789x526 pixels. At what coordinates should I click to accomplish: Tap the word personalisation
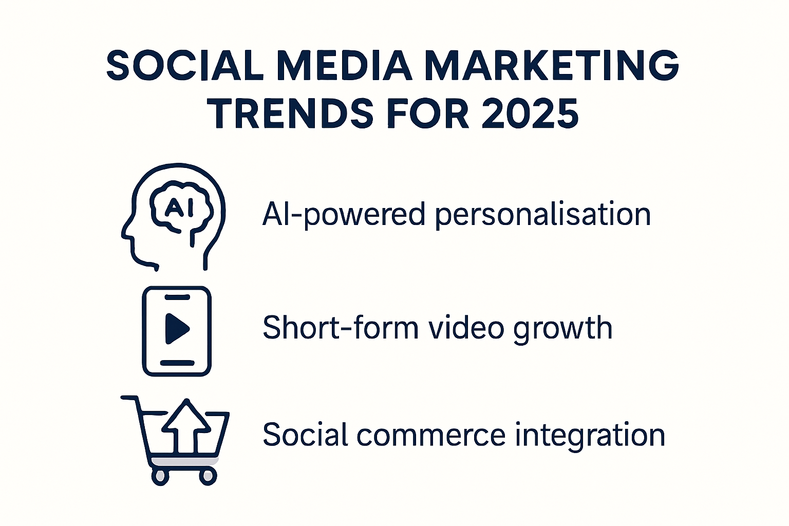(x=543, y=214)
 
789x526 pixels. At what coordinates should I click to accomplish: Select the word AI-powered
(x=344, y=214)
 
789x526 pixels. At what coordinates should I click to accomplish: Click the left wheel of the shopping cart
(x=160, y=476)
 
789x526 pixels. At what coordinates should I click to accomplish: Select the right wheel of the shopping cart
(x=208, y=476)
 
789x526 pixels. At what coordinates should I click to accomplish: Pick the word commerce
(x=431, y=435)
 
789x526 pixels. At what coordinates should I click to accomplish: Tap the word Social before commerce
(x=306, y=435)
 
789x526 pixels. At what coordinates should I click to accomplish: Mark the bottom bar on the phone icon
(x=177, y=363)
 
